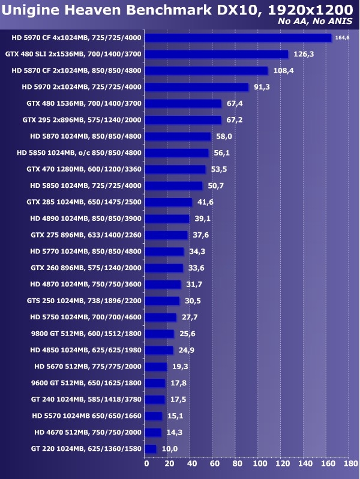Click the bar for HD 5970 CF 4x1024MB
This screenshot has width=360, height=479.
pyautogui.click(x=238, y=38)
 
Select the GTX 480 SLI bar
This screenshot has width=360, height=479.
pyautogui.click(x=217, y=54)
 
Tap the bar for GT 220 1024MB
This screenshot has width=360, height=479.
pyautogui.click(x=151, y=448)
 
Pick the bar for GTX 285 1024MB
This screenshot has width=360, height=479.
pyautogui.click(x=169, y=202)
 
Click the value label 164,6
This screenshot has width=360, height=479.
pyautogui.click(x=342, y=38)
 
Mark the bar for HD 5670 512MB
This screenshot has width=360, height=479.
pyautogui.click(x=157, y=366)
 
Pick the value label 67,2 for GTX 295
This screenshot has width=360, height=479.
pyautogui.click(x=235, y=120)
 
